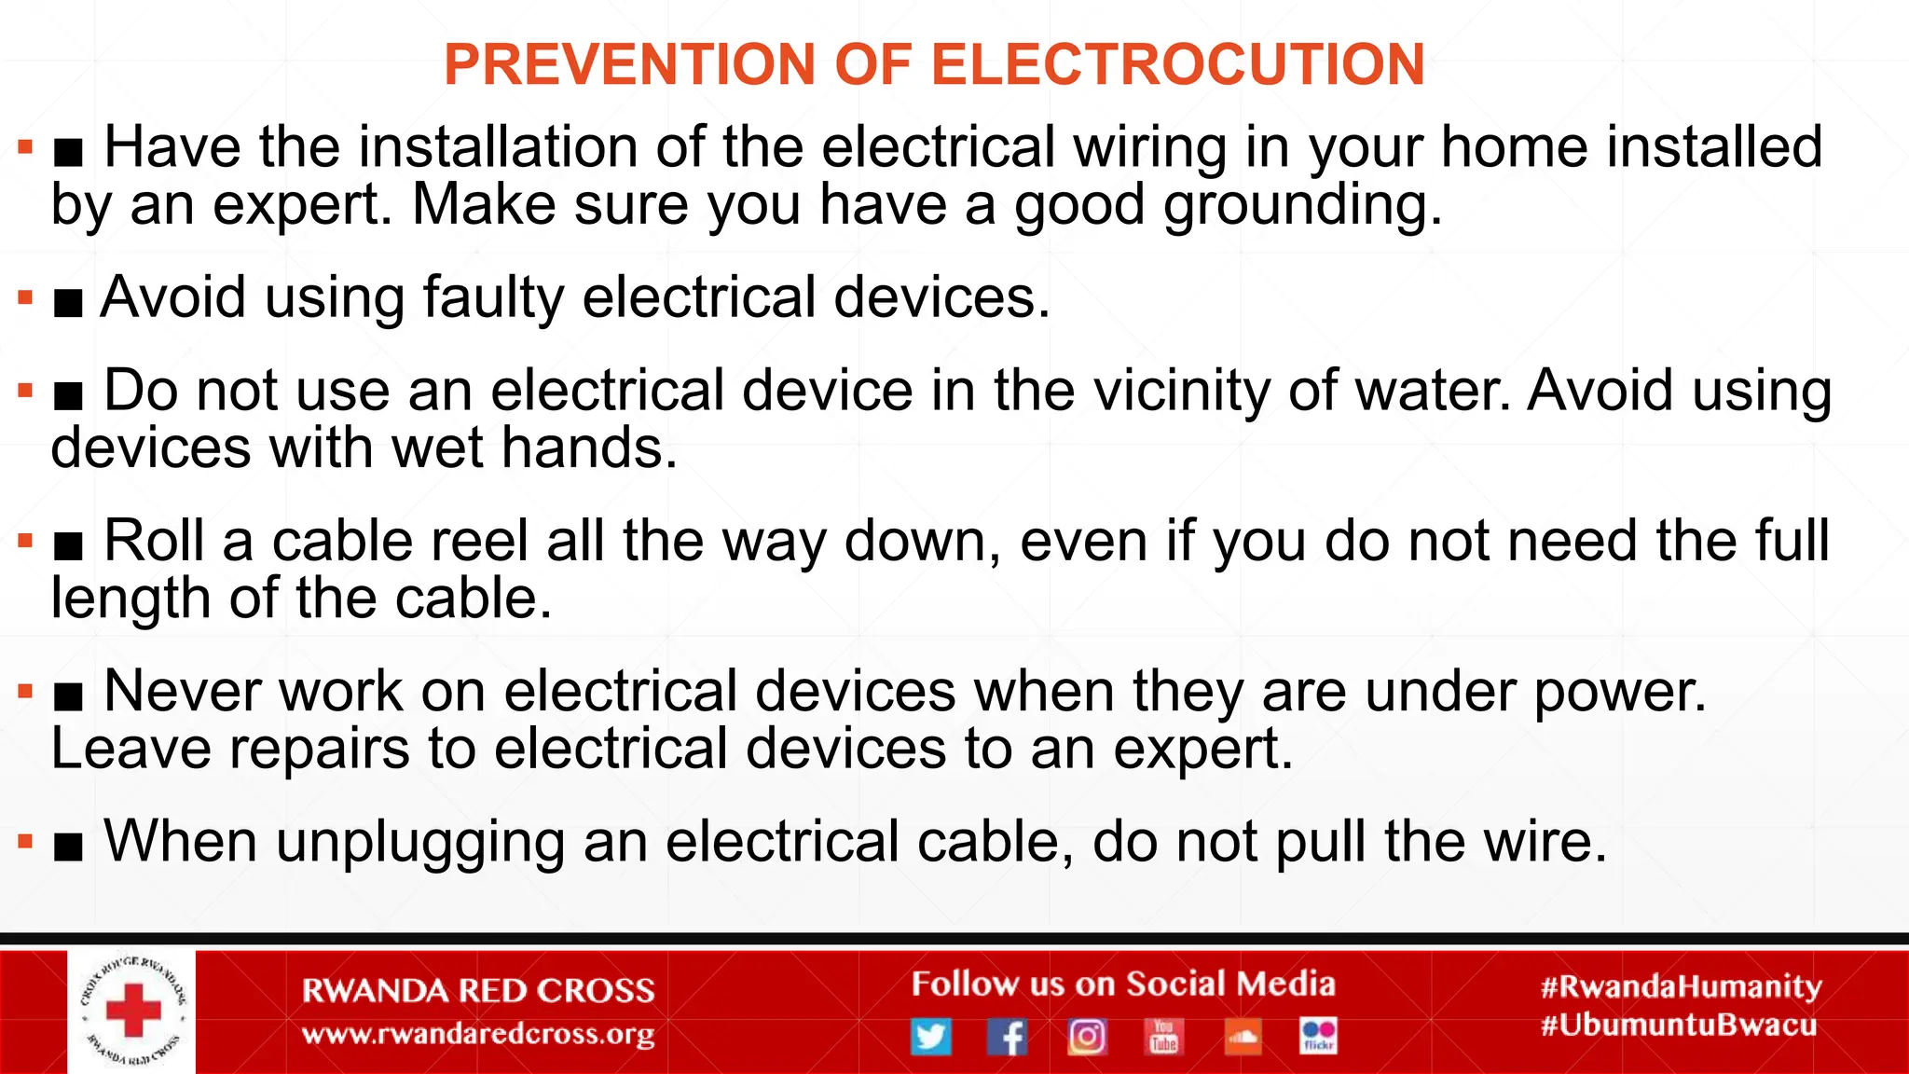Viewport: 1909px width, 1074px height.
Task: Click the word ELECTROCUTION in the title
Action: click(1178, 64)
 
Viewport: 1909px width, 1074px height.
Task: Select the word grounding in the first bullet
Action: click(1302, 205)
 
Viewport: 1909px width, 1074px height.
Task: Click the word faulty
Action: click(493, 297)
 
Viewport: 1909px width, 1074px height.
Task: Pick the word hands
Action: click(589, 448)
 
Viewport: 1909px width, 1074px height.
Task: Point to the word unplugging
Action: click(420, 842)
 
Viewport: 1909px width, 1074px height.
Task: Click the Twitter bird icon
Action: click(930, 1036)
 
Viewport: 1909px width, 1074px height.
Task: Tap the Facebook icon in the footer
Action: click(1008, 1036)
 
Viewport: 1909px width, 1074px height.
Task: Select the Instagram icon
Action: click(1086, 1036)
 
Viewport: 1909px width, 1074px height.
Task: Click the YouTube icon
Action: click(1163, 1036)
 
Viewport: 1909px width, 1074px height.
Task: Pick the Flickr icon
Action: click(1318, 1036)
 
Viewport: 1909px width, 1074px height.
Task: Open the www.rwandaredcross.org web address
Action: click(478, 1034)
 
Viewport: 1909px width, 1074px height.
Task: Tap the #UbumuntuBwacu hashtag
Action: click(1679, 1026)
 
